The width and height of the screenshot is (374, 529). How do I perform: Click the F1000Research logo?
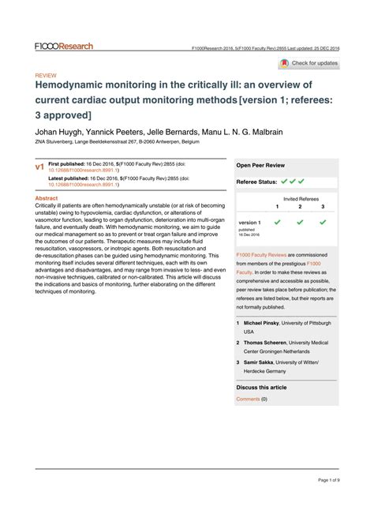click(x=64, y=47)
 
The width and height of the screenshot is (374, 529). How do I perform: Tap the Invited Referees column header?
click(x=301, y=199)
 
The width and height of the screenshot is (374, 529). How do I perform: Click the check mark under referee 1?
click(x=277, y=223)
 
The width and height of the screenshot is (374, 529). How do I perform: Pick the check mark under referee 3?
click(x=323, y=223)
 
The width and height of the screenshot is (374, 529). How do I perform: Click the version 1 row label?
click(x=249, y=223)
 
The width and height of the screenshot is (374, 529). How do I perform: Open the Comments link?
click(x=248, y=400)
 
